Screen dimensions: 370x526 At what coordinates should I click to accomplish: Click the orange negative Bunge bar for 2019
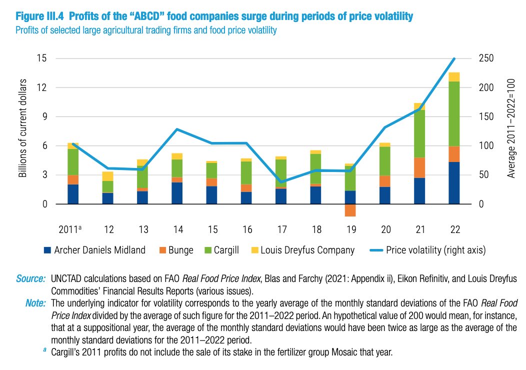(350, 210)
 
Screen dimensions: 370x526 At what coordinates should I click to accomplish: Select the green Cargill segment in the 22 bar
(454, 113)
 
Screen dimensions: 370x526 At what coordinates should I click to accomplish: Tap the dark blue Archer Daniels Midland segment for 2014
(177, 193)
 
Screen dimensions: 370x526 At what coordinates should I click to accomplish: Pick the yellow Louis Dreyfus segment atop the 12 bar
(108, 176)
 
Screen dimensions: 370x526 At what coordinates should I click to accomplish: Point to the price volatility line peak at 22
(454, 59)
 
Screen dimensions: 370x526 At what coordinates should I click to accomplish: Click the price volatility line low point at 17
(281, 182)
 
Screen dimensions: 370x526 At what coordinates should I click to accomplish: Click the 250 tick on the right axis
(486, 58)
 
